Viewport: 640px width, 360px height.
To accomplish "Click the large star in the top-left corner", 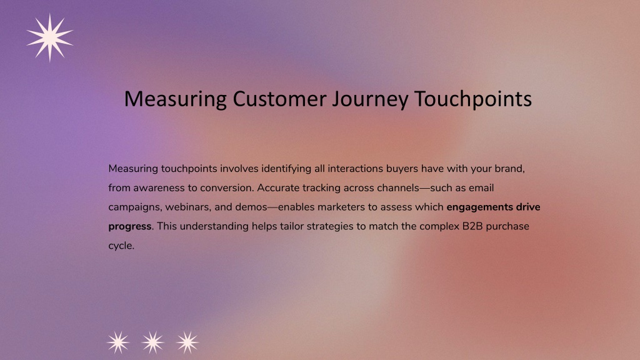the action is point(50,37).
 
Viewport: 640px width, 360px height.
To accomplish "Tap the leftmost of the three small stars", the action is point(118,342).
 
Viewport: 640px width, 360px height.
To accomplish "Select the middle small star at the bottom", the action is point(152,342).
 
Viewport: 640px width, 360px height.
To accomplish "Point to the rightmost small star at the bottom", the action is point(187,342).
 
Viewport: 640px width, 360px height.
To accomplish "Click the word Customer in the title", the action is point(279,99).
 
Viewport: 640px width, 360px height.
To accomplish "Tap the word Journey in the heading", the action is point(370,100).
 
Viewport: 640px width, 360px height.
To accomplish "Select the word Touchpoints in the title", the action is point(472,100).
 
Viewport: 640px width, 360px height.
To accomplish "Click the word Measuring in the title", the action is point(176,100).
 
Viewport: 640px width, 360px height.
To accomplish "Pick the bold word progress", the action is point(130,227).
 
